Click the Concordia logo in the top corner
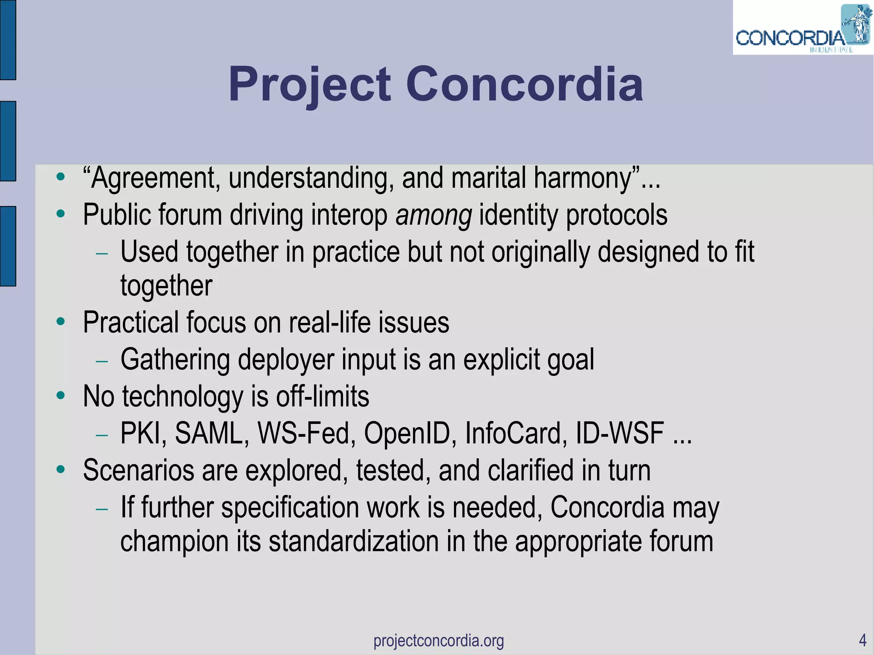coord(802,30)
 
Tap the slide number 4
coord(862,640)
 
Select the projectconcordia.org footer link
coord(439,640)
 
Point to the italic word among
coord(434,215)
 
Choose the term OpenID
coord(410,433)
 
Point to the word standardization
coord(354,541)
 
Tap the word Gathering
coord(175,359)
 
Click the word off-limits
coord(322,396)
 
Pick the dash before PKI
coord(102,435)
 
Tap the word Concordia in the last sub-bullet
coord(607,507)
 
